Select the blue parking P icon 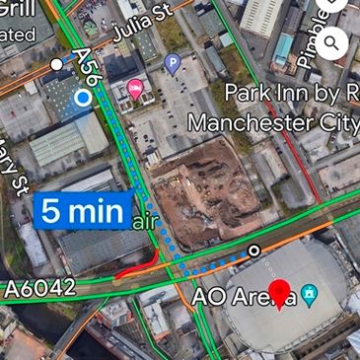pyautogui.click(x=173, y=65)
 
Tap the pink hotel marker pyautogui.click(x=136, y=92)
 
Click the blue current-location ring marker pyautogui.click(x=83, y=98)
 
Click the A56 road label pyautogui.click(x=87, y=68)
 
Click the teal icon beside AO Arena pyautogui.click(x=310, y=294)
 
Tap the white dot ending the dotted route pyautogui.click(x=254, y=252)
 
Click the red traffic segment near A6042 pyautogui.click(x=138, y=265)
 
